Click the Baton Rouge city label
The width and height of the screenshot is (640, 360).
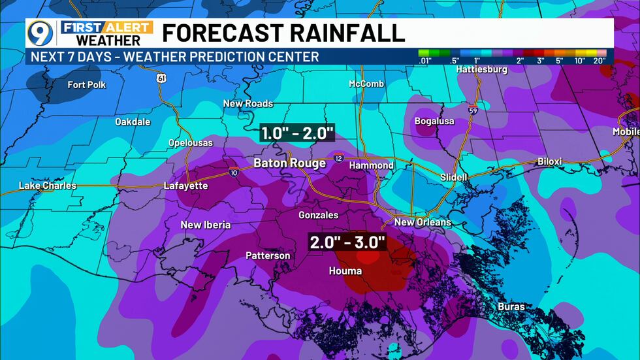click(x=289, y=163)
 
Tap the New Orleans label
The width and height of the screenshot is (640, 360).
click(x=423, y=222)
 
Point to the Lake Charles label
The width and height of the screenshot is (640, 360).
click(x=47, y=186)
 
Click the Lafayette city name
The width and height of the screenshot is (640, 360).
click(x=185, y=186)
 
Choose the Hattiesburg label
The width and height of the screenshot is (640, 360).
click(x=481, y=69)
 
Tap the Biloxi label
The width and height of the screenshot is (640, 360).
click(x=549, y=161)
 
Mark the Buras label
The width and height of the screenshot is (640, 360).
click(x=511, y=306)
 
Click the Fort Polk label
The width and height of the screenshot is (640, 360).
click(x=86, y=85)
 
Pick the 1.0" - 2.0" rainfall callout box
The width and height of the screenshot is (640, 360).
click(x=297, y=133)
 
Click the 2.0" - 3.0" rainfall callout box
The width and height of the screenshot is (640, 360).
click(x=347, y=242)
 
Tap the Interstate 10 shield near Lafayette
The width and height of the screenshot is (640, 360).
click(x=234, y=171)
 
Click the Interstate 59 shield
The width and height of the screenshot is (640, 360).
click(x=472, y=109)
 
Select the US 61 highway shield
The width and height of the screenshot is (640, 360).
click(x=161, y=78)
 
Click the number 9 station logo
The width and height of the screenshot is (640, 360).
click(x=40, y=33)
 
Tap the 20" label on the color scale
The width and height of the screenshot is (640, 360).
click(x=599, y=61)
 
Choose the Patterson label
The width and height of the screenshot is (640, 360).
click(x=268, y=255)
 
